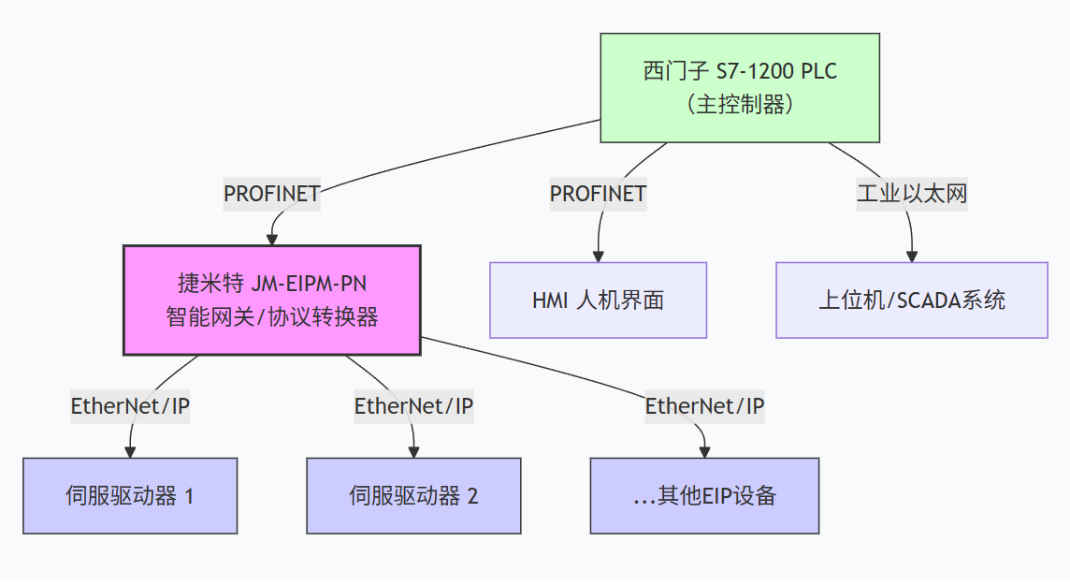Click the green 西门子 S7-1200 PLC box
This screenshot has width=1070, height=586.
(x=739, y=87)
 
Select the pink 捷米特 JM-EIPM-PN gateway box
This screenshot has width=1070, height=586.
(x=271, y=300)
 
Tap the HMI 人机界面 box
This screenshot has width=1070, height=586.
(x=598, y=300)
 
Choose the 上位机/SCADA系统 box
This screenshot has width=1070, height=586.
(x=911, y=300)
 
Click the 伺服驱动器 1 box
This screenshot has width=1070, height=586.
(x=130, y=495)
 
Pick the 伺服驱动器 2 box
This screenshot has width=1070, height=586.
(x=413, y=495)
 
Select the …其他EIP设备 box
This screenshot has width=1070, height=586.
(x=704, y=495)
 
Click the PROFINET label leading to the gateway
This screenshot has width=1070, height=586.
(x=271, y=194)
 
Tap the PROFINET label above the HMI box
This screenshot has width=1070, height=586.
(x=598, y=194)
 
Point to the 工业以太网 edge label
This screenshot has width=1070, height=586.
(x=911, y=194)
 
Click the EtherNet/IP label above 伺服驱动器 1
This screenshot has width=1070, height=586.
(x=130, y=406)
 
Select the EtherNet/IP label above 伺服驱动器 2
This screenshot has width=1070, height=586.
(x=413, y=406)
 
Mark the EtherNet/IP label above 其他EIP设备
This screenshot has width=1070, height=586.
(x=704, y=406)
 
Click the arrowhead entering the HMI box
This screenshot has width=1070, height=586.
(x=598, y=256)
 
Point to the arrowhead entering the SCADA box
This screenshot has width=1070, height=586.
(x=911, y=256)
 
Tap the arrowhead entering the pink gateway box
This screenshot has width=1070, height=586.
(x=272, y=239)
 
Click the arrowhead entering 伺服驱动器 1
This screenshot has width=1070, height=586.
(x=130, y=451)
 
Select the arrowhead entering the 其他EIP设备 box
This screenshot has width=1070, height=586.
(x=704, y=451)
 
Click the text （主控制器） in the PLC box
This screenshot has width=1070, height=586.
(x=739, y=104)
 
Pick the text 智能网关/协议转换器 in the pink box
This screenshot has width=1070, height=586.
(x=271, y=316)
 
